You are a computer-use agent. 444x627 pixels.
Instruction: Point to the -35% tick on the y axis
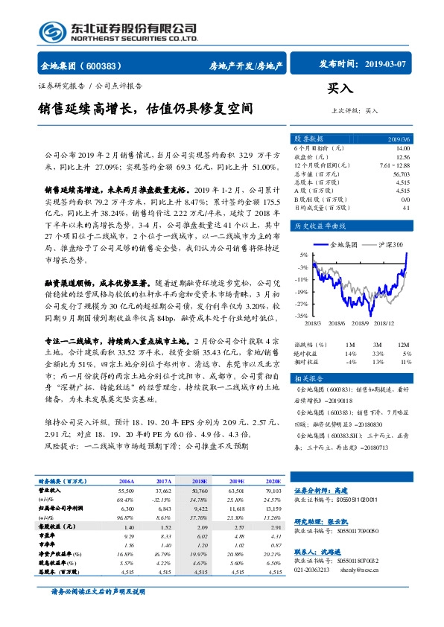tap(301, 316)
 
